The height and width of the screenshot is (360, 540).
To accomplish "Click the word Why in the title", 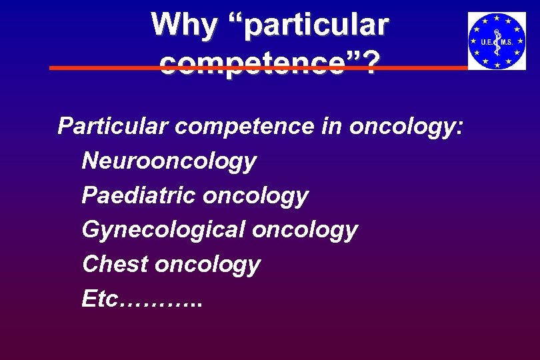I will pos(183,26).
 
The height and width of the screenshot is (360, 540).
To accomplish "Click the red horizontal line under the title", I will pos(100,68).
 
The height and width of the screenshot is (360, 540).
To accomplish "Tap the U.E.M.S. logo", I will pos(497,41).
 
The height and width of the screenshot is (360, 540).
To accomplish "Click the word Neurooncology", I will pos(169,161).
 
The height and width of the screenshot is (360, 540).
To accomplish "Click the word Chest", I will pos(115,264).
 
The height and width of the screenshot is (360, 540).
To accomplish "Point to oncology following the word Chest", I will pos(207,265).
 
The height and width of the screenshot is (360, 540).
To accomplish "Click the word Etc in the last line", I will pos(99,299).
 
